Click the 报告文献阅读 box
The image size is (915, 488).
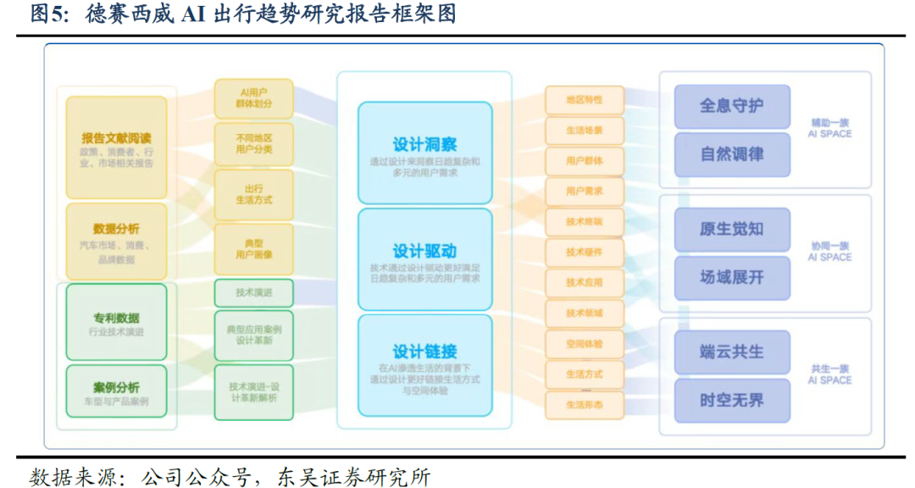pos(117,147)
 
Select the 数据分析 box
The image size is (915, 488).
pos(117,241)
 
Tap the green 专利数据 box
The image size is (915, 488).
pos(117,323)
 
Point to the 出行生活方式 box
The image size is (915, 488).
pos(254,194)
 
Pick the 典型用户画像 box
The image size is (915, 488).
pos(254,248)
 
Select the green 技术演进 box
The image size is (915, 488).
pos(254,292)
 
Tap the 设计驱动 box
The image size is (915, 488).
pos(424,258)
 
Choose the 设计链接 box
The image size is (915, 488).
pos(424,365)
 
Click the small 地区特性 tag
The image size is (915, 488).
pos(585,100)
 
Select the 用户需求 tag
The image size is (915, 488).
pos(585,191)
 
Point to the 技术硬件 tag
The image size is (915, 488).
pos(585,252)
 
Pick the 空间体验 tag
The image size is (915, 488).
pos(585,344)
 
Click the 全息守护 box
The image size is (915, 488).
pos(732,107)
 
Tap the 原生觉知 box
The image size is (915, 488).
pos(732,230)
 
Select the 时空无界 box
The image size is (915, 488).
pos(732,400)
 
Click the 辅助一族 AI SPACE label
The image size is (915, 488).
pos(829,128)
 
